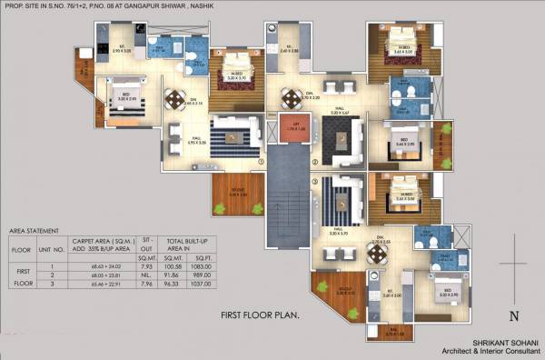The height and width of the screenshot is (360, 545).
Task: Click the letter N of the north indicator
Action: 514,316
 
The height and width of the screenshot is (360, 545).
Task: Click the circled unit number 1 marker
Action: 262,163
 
